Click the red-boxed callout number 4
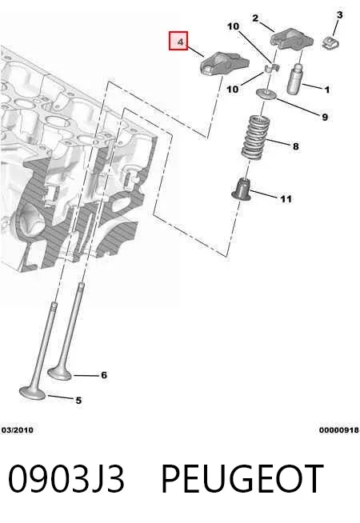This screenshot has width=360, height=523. pyautogui.click(x=180, y=42)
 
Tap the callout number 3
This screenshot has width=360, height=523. pyautogui.click(x=339, y=14)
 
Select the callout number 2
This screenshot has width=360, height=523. pyautogui.click(x=255, y=18)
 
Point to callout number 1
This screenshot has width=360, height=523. pyautogui.click(x=327, y=90)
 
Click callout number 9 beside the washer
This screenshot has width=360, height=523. pyautogui.click(x=325, y=117)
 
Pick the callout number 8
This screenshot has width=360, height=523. pyautogui.click(x=296, y=146)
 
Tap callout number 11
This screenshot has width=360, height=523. pyautogui.click(x=286, y=199)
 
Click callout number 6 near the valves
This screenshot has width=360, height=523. pyautogui.click(x=104, y=375)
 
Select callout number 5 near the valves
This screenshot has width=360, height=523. pyautogui.click(x=78, y=401)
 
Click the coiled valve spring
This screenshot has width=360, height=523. pyautogui.click(x=255, y=138)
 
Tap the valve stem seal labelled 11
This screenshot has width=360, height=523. pyautogui.click(x=242, y=190)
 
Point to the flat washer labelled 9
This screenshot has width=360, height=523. pyautogui.click(x=266, y=94)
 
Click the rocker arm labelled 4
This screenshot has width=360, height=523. pyautogui.click(x=226, y=63)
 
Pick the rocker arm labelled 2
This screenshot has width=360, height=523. pyautogui.click(x=292, y=40)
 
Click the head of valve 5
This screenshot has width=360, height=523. pyautogui.click(x=32, y=393)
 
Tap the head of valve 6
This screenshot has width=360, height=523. pyautogui.click(x=60, y=373)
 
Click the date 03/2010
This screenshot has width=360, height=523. pyautogui.click(x=18, y=430)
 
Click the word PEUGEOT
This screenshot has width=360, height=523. pyautogui.click(x=242, y=479)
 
